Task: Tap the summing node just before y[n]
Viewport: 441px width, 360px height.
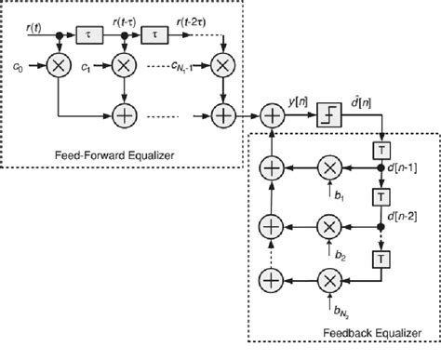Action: [x=271, y=115]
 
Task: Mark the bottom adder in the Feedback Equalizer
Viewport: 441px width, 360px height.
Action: [x=271, y=279]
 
